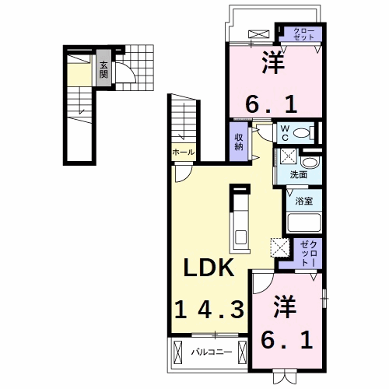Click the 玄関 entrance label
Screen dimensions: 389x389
click(103, 69)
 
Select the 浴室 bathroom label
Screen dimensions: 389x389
click(303, 201)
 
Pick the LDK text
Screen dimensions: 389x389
click(209, 268)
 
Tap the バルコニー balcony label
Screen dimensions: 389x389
click(212, 352)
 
